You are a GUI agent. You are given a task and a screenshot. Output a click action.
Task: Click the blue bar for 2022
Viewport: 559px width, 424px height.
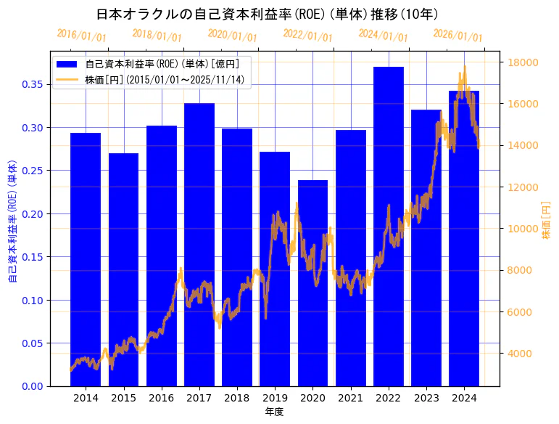point(389,226)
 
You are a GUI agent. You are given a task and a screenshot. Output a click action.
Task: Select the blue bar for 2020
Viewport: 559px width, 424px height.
point(312,282)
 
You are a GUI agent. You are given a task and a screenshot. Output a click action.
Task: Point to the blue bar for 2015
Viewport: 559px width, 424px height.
point(123,269)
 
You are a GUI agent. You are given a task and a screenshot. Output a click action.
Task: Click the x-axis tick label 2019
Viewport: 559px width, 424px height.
point(275,398)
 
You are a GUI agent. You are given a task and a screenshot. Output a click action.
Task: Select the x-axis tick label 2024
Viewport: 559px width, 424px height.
point(464,398)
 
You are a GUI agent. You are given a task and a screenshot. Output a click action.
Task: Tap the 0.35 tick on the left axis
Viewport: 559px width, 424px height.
point(32,85)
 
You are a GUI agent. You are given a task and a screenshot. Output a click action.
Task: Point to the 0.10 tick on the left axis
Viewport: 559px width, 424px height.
point(32,301)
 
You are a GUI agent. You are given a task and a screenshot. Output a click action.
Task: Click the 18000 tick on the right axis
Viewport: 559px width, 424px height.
point(522,62)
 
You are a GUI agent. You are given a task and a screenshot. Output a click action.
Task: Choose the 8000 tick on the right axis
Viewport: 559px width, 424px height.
point(519,271)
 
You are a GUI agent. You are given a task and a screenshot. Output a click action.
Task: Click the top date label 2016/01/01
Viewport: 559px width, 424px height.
point(81,36)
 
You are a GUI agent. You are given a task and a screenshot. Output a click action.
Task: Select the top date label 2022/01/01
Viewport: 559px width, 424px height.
point(307,36)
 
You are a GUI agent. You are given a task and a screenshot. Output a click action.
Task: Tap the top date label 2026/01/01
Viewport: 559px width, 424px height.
point(457,36)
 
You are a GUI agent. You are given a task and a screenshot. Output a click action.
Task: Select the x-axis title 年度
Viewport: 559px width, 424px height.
point(274,412)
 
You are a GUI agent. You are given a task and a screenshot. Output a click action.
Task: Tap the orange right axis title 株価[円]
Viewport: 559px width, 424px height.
point(546,221)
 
